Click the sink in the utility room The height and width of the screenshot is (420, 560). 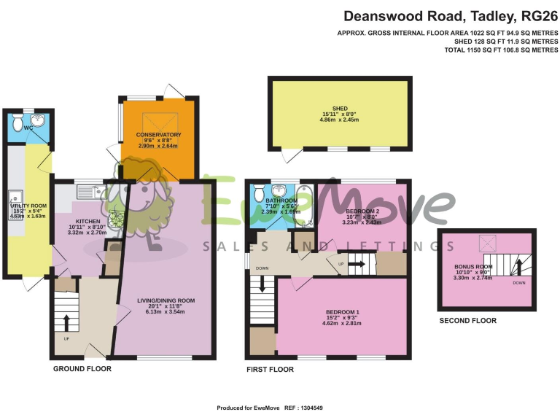point(13,196)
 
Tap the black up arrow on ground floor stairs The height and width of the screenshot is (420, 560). point(67,322)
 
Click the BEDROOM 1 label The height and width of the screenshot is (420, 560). point(342,312)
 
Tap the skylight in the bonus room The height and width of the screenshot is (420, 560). point(485,244)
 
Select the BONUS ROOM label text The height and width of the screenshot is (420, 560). point(473,268)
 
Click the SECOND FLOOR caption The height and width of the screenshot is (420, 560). point(467,321)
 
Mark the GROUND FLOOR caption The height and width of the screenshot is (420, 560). point(82,369)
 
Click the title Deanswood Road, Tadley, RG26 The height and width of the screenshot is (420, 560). point(450,15)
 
